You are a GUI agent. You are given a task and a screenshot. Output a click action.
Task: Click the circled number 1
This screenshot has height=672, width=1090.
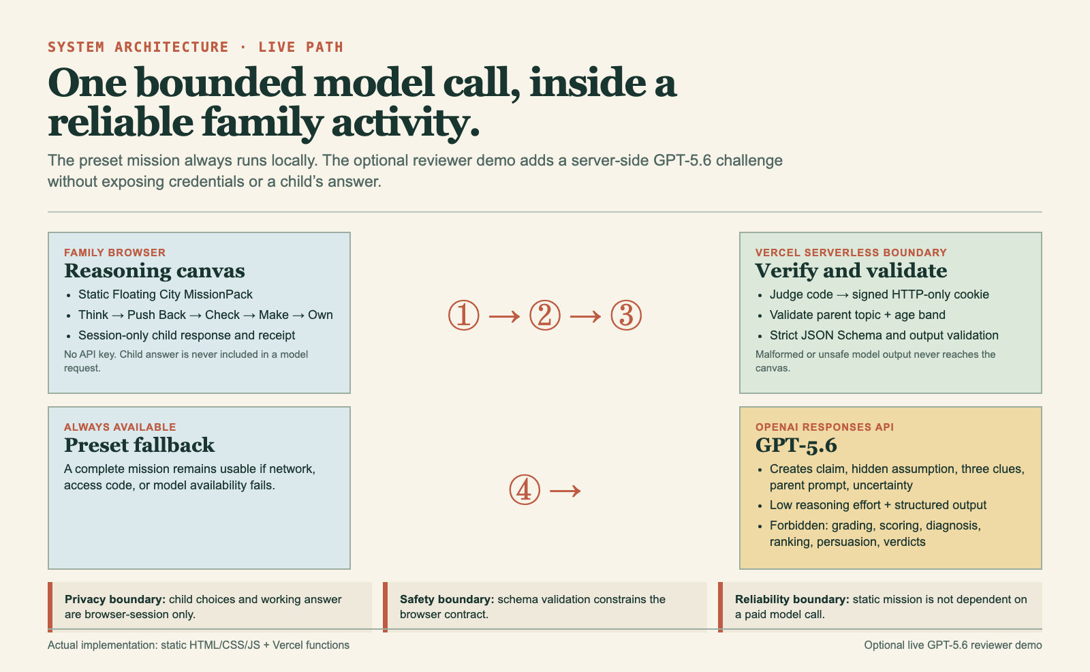[464, 315]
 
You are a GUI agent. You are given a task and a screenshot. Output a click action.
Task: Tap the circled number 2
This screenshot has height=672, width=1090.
[545, 315]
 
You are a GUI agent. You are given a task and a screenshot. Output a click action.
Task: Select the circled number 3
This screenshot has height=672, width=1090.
[626, 315]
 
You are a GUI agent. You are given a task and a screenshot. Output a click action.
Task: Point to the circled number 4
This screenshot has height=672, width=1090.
[525, 489]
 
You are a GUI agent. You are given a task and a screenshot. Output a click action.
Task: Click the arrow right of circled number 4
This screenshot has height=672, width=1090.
[565, 490]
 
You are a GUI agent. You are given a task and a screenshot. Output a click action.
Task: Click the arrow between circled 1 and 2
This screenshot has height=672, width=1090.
[505, 316]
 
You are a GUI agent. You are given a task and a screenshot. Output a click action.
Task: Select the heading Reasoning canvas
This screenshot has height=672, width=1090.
[155, 271]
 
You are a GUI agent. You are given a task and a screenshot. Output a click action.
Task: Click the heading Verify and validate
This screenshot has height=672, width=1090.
[851, 271]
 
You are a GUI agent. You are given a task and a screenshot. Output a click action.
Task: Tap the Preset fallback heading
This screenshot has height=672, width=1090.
[139, 445]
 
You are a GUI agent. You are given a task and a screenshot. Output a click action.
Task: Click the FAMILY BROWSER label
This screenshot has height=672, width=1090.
[115, 253]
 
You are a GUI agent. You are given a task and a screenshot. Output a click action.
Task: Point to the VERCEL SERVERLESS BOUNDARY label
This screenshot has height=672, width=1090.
[851, 253]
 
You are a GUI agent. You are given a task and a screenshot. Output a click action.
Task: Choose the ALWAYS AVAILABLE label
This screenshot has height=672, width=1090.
[120, 427]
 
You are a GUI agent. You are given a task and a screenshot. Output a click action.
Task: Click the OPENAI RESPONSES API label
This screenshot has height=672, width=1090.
[825, 427]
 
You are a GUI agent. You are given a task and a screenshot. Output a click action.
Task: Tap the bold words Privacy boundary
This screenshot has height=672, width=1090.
[115, 600]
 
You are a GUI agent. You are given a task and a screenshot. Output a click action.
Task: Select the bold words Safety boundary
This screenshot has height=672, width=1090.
[447, 600]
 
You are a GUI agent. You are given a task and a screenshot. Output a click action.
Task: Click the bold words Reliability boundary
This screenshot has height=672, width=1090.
[792, 600]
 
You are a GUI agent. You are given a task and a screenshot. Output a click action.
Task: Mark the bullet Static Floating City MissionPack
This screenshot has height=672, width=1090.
[166, 294]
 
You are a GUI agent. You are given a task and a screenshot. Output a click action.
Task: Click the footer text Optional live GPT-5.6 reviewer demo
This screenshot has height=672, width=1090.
[953, 645]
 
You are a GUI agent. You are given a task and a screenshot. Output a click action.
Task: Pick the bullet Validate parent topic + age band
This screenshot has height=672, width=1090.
[858, 315]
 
